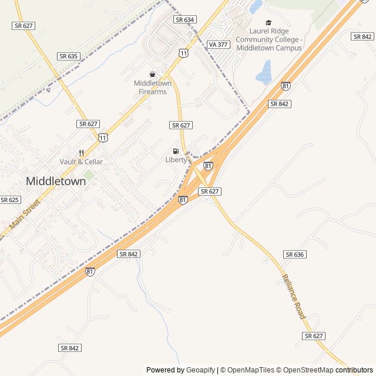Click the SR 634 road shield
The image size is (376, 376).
point(185,19)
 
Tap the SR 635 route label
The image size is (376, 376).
point(69,56)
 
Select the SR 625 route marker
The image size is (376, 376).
point(10,200)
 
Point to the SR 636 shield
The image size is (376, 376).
point(295,254)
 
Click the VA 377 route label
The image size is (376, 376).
point(218,44)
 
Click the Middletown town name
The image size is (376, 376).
point(56,182)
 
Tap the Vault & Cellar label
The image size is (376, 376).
point(81,162)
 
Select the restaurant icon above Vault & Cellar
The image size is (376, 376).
point(81,152)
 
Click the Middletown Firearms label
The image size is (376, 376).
point(153,87)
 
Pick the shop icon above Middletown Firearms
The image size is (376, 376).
point(153,74)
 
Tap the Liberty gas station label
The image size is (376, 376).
point(176,160)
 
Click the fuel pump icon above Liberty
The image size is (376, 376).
point(176,151)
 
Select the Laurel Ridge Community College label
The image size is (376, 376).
point(268,39)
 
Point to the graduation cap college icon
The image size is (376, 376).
point(268,22)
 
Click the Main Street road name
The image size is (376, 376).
point(25,215)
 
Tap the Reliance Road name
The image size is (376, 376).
point(294,297)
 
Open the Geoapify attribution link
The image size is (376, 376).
point(200,370)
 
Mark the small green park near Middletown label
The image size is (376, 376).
point(89,175)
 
